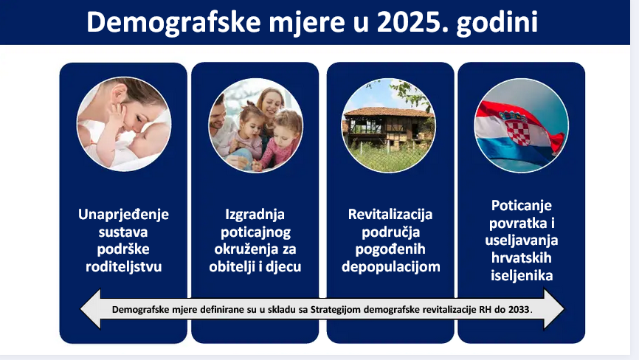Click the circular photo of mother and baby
(124, 124)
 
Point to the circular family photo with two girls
(255, 125)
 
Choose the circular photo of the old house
(388, 125)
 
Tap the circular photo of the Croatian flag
(521, 125)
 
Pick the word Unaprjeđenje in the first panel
(123, 215)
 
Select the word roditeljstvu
(123, 267)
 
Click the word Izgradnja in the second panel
(255, 215)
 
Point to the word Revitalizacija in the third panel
(390, 214)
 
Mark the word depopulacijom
(391, 267)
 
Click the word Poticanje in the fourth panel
(521, 206)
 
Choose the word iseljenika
(522, 276)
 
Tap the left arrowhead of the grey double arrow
(91, 309)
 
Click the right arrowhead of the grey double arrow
(554, 309)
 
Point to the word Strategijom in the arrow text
(336, 310)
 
